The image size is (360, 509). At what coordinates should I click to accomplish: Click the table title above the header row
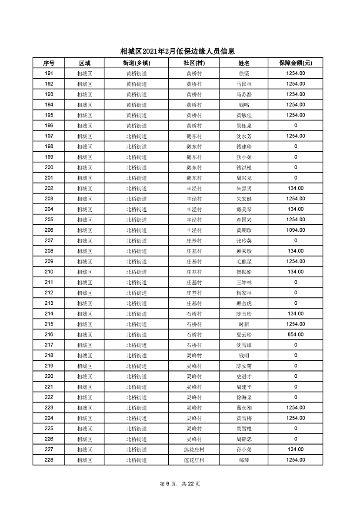180,51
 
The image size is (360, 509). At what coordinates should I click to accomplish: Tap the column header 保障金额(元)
296,63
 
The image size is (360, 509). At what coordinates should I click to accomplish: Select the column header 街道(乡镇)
137,63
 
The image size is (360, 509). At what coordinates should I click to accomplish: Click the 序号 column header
49,63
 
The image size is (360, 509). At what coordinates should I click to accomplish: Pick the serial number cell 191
49,73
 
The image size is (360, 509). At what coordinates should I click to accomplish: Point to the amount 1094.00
296,230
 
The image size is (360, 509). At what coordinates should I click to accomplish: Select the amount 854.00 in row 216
296,334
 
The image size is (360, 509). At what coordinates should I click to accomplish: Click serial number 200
49,167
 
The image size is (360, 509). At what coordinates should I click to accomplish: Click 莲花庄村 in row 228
194,460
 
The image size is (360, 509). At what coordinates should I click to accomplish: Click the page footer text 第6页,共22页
180,484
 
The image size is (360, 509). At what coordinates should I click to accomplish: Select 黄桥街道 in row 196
137,126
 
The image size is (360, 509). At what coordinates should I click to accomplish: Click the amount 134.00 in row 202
296,188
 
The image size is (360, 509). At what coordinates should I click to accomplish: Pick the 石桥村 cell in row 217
194,345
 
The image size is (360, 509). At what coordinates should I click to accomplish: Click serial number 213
49,303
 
